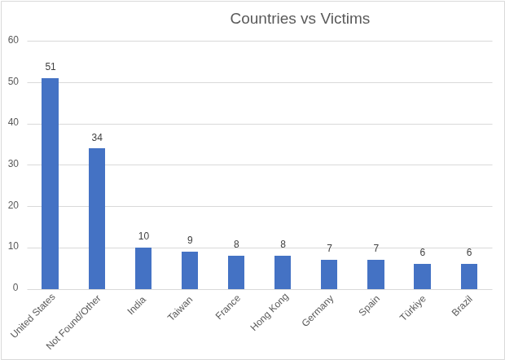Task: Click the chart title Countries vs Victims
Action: (x=299, y=19)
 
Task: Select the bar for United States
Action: (x=50, y=183)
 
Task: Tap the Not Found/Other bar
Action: (x=97, y=218)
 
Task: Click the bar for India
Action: (x=143, y=268)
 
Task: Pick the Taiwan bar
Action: (x=190, y=270)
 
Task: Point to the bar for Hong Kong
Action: (x=283, y=272)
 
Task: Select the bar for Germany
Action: (x=329, y=274)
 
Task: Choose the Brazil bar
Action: (x=469, y=276)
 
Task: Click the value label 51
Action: (x=50, y=67)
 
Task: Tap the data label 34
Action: (x=97, y=138)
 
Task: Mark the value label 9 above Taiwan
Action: (x=190, y=240)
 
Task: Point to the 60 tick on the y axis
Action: (x=13, y=40)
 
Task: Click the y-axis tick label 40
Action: (x=13, y=123)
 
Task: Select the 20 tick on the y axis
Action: (x=13, y=205)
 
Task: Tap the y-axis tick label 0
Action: (x=15, y=288)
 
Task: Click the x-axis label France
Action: (x=228, y=307)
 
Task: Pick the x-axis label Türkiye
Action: (x=413, y=308)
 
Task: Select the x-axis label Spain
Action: (x=369, y=305)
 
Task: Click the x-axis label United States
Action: (x=33, y=315)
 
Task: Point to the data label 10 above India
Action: (x=143, y=236)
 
